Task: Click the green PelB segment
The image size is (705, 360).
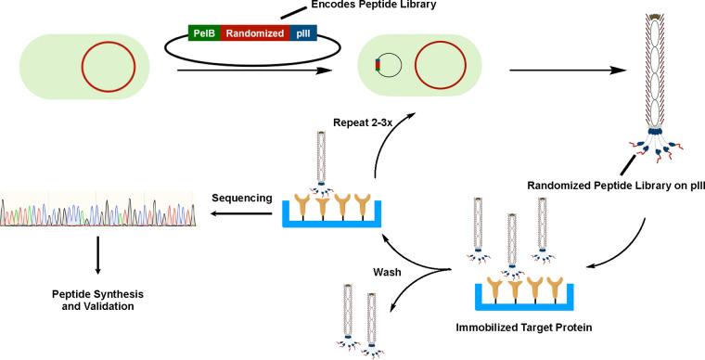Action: (203, 32)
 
